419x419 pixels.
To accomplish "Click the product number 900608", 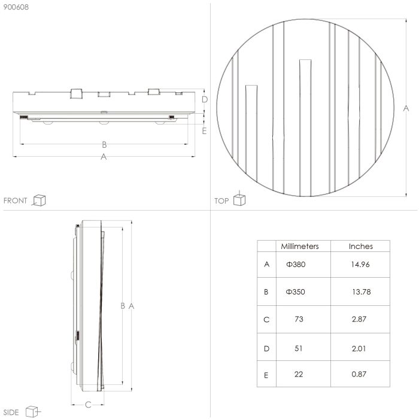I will (16, 8).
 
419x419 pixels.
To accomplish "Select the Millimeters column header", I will (300, 246).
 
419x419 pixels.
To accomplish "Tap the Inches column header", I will (360, 246).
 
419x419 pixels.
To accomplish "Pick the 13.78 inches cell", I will (360, 292).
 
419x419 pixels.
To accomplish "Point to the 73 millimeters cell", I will (299, 319).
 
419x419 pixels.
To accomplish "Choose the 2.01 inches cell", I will (359, 348).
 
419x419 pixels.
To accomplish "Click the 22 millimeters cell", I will (299, 374).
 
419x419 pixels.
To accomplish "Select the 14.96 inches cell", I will (360, 264).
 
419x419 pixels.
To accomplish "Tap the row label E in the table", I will (266, 375).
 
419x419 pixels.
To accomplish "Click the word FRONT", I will (16, 201).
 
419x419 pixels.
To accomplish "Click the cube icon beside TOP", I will (239, 199).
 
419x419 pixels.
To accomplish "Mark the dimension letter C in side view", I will (87, 405).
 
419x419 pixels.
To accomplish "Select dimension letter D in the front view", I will (204, 99).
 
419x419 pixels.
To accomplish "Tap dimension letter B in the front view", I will (104, 144).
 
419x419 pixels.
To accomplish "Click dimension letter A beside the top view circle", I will (406, 108).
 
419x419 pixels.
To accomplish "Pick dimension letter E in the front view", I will (204, 130).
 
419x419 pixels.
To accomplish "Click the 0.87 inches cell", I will (359, 374).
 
